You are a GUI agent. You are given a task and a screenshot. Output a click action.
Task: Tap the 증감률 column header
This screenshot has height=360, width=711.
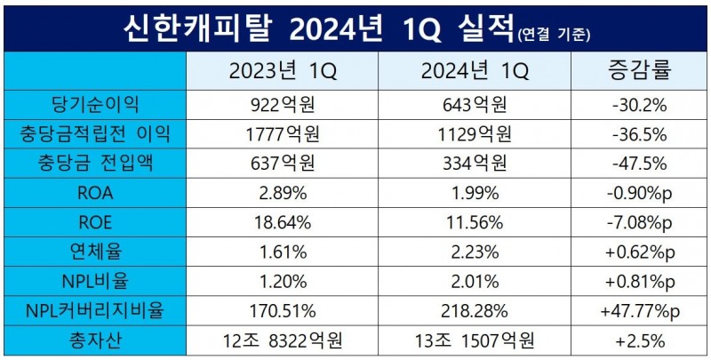tap(639, 70)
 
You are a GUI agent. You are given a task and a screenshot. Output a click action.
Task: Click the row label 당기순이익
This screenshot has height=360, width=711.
tap(96, 105)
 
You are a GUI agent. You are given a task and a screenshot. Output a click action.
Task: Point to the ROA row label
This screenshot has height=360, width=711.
tap(96, 192)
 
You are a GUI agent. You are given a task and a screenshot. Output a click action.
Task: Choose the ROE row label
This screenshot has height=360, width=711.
tap(96, 221)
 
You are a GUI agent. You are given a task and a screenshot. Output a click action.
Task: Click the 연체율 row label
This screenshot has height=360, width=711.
tap(96, 251)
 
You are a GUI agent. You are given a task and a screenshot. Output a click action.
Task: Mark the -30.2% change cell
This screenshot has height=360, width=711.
tap(639, 105)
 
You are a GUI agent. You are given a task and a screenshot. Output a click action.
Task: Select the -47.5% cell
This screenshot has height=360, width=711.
tap(639, 164)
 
